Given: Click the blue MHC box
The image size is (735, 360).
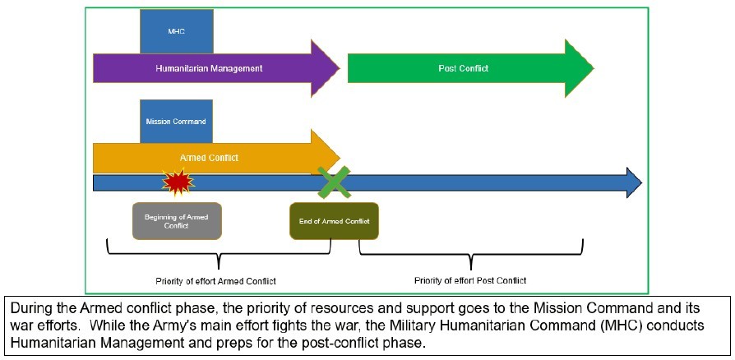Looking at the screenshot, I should (177, 31).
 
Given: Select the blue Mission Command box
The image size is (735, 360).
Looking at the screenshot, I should (176, 121).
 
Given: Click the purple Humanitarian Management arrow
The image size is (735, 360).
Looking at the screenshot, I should (209, 68).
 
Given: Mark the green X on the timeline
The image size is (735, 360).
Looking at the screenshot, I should (334, 182).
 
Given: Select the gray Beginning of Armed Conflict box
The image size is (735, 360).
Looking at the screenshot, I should (177, 221).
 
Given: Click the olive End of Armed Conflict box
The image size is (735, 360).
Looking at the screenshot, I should (334, 221).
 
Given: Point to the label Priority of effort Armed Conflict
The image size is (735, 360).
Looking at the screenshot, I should (215, 280).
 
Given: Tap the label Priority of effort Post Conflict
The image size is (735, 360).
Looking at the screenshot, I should (469, 280).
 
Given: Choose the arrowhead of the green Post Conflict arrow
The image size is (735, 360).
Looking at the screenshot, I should (579, 68).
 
